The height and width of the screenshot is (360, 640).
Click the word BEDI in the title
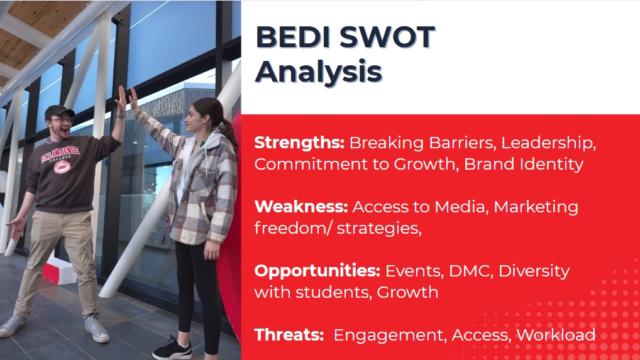click(x=293, y=37)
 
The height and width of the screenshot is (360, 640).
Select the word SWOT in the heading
click(x=387, y=37)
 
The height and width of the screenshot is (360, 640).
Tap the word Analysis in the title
click(x=318, y=72)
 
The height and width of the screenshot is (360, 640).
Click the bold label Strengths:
click(x=300, y=143)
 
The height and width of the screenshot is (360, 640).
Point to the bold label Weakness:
click(x=301, y=207)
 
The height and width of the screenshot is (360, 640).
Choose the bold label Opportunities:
click(x=317, y=271)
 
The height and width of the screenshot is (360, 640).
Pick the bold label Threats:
click(x=289, y=335)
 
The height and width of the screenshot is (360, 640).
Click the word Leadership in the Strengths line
click(x=546, y=143)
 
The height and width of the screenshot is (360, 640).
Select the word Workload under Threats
click(x=556, y=335)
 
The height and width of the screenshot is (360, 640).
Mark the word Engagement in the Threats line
click(x=388, y=335)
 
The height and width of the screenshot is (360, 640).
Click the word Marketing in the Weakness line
click(x=536, y=207)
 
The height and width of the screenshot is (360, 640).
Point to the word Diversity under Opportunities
click(x=534, y=271)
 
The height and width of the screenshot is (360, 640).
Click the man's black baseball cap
click(x=58, y=111)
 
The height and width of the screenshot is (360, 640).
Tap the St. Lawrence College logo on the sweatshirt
click(x=61, y=160)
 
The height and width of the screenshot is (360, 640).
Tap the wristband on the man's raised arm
click(x=119, y=117)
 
